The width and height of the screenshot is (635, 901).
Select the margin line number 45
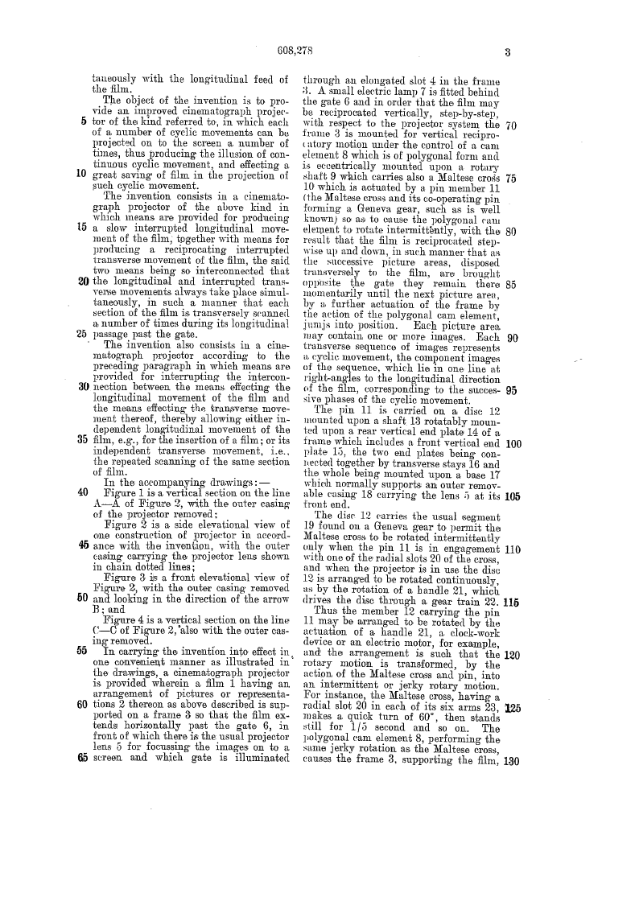pyautogui.click(x=84, y=499)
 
